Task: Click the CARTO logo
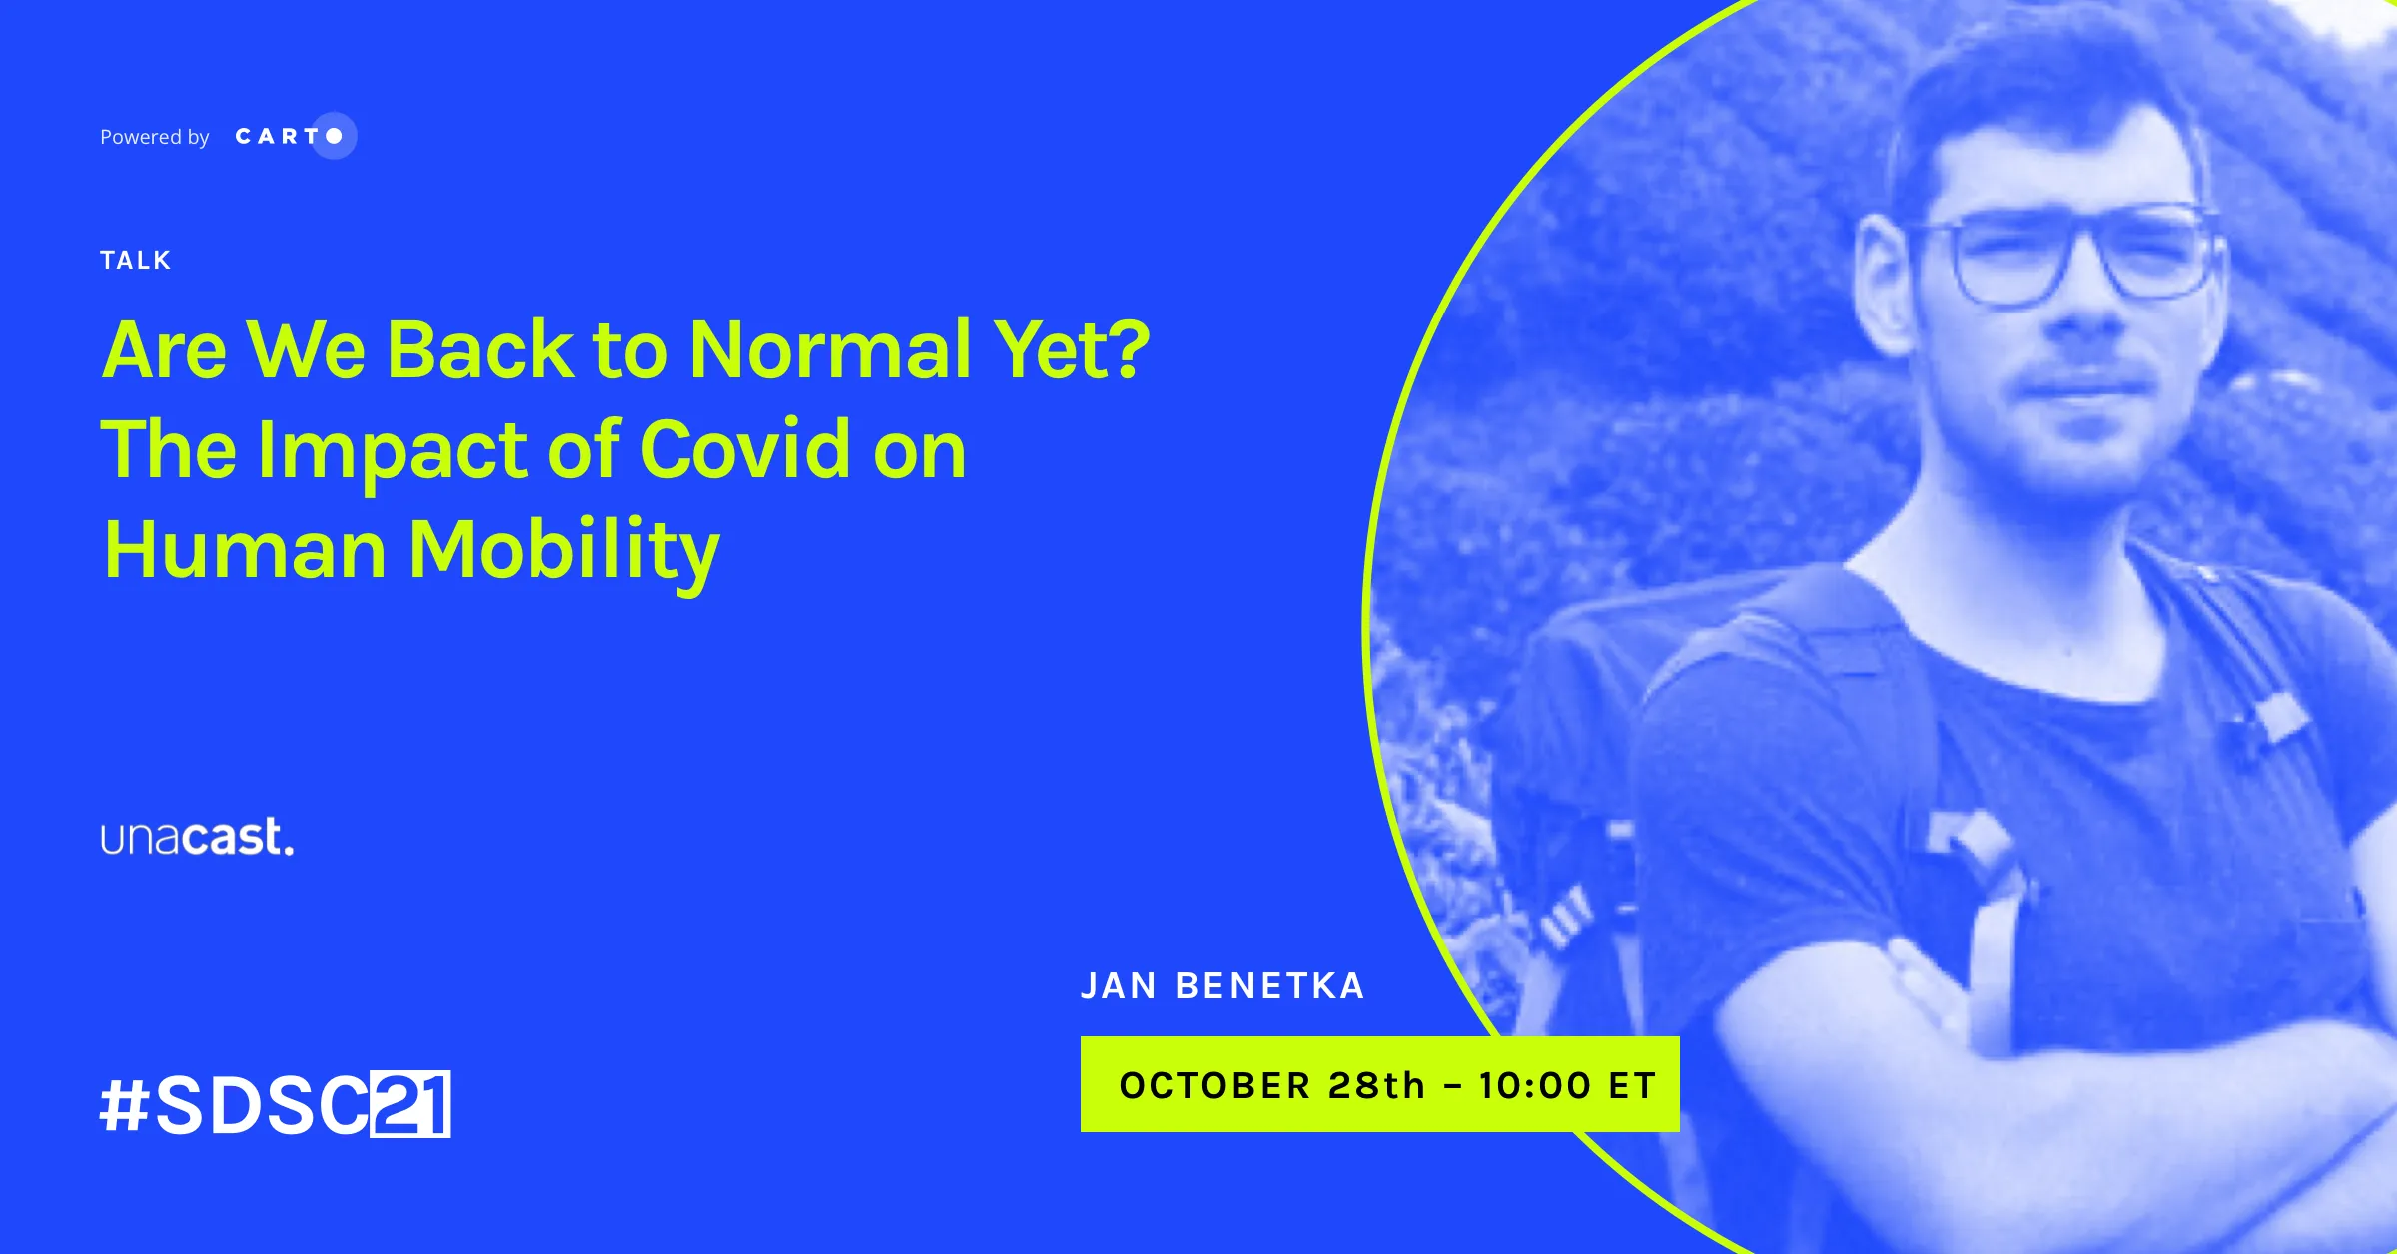(x=296, y=136)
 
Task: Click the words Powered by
(x=155, y=137)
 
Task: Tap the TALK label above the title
(x=136, y=261)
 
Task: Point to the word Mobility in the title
(x=564, y=551)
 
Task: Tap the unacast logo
(x=198, y=837)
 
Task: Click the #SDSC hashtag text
(x=235, y=1105)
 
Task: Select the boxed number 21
(x=411, y=1104)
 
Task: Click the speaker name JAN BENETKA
(x=1222, y=986)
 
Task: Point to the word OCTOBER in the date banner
(x=1214, y=1085)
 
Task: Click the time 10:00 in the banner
(x=1535, y=1085)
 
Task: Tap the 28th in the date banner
(x=1376, y=1085)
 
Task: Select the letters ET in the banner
(x=1632, y=1085)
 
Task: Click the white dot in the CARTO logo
(x=334, y=136)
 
